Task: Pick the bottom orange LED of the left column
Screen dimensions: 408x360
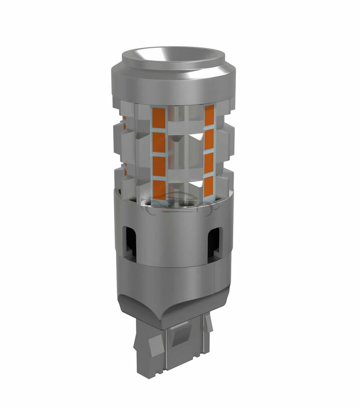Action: pyautogui.click(x=160, y=188)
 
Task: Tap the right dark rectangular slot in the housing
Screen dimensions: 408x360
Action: pyautogui.click(x=216, y=240)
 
